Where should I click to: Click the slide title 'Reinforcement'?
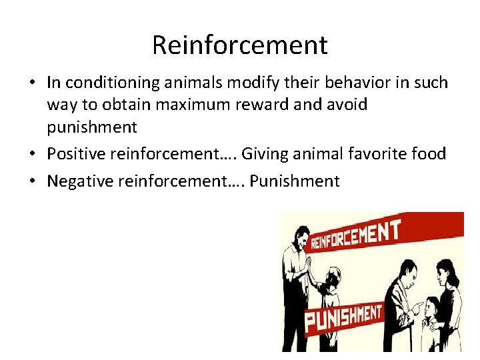(239, 45)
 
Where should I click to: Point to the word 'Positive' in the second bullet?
(76, 154)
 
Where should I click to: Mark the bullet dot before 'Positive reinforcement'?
(32, 155)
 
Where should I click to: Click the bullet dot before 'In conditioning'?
(32, 84)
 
